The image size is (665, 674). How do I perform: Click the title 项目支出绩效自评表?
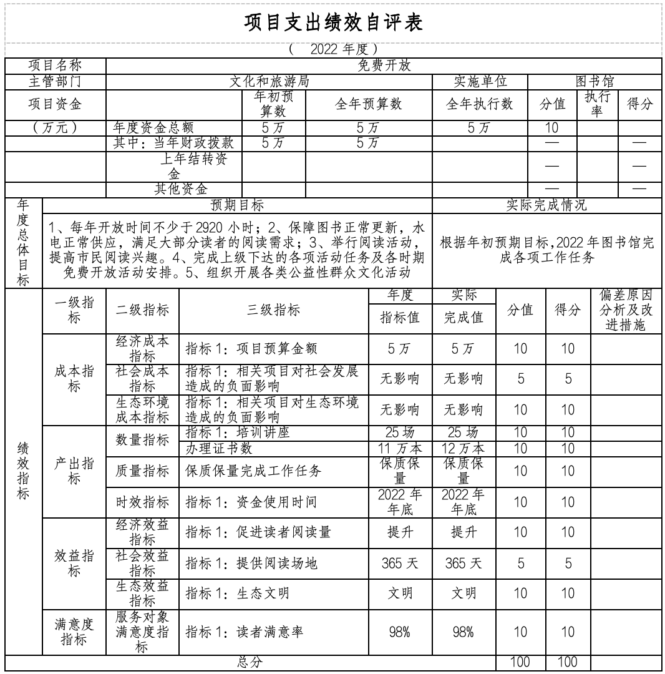(x=333, y=23)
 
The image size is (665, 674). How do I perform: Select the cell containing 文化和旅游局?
(x=269, y=82)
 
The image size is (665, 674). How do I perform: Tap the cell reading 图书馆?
(x=594, y=82)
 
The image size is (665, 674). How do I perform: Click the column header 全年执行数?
(x=479, y=104)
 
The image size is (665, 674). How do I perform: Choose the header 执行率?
(x=597, y=104)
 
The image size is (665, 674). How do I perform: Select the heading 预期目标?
(x=237, y=205)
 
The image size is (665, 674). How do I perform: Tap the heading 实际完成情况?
(x=546, y=205)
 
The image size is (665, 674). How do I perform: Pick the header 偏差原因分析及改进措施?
(x=625, y=310)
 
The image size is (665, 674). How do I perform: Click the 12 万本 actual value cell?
(x=464, y=448)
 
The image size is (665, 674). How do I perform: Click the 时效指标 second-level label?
(x=142, y=502)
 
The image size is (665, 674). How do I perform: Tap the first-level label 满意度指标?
(x=74, y=631)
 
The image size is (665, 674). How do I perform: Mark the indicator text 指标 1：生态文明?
(x=237, y=593)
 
